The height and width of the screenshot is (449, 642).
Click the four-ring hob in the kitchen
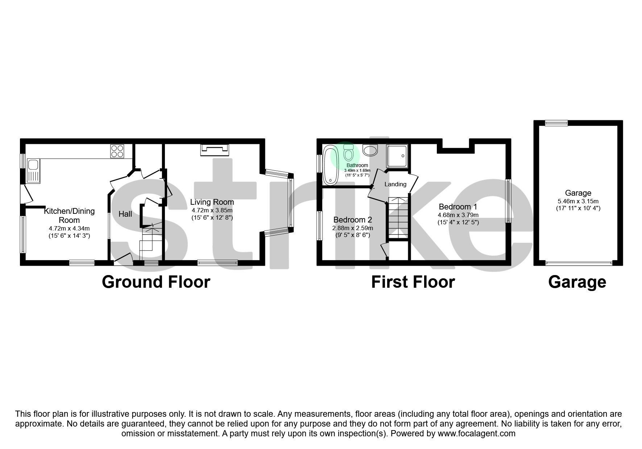[x=117, y=151]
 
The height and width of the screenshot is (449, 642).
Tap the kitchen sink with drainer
[x=34, y=171]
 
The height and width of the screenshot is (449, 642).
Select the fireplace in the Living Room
[x=215, y=150]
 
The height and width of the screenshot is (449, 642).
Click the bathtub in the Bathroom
[x=331, y=165]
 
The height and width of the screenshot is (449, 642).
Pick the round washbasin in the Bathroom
[x=370, y=150]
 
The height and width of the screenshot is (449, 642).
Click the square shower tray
[x=397, y=156]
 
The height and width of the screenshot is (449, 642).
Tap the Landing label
[x=395, y=184]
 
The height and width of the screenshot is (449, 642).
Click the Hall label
[x=125, y=214]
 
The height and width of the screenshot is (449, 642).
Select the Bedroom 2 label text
[x=352, y=220]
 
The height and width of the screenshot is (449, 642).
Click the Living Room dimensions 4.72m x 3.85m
[x=212, y=210]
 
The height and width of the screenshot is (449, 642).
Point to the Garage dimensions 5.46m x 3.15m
[x=578, y=201]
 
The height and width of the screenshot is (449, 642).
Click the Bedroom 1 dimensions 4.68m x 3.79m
[x=458, y=215]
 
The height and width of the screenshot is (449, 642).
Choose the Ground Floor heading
[x=156, y=282]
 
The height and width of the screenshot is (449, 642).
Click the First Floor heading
[x=413, y=282]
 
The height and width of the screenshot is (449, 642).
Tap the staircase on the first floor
[x=398, y=217]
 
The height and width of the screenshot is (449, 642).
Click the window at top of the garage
[x=556, y=123]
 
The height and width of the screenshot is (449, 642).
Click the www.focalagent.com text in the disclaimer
[x=476, y=433]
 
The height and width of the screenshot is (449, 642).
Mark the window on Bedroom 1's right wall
[x=508, y=201]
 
